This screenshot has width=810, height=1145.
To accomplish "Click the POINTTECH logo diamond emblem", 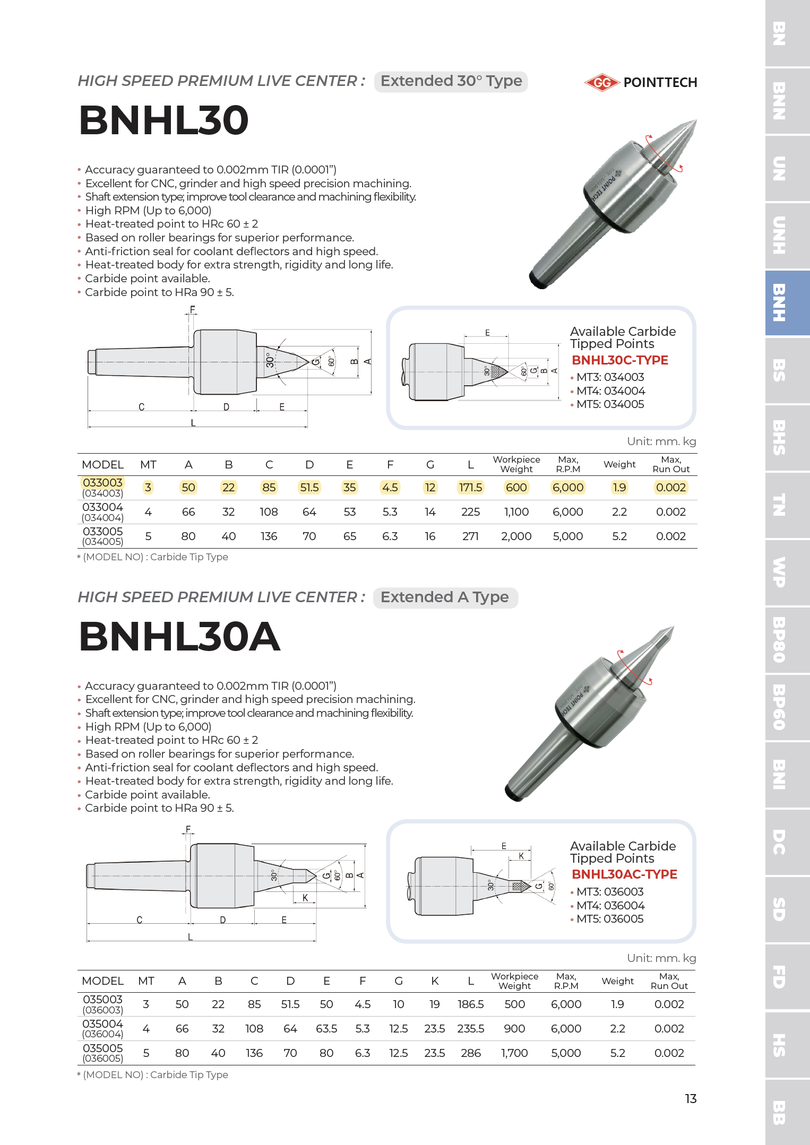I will pos(602,82).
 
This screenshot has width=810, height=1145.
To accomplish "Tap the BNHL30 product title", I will pos(163,120).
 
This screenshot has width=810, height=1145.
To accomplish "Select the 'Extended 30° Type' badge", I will pos(451,81).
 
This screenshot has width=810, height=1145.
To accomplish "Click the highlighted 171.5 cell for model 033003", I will pos(470,488).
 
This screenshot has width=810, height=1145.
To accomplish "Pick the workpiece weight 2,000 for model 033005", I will pos(516,536).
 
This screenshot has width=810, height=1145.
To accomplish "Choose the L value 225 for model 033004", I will pos(470,512).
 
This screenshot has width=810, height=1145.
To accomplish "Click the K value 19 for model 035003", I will pos(434,1004).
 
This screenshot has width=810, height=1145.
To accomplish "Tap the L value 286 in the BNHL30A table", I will pos(470,1053).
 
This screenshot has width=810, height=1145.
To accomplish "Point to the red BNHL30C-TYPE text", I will pos(619,360).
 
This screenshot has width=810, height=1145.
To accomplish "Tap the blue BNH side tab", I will pos(787,303).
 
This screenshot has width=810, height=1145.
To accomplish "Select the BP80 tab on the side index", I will pos(787,640).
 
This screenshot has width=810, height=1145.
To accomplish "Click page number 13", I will pos(691,1099).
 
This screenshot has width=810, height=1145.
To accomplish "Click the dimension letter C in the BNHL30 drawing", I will pos(141,407).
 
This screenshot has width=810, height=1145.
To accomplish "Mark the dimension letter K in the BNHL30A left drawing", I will pos(305,898).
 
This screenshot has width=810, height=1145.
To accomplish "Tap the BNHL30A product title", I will pos(179,636).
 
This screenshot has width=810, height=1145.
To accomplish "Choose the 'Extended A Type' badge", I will pos(445,597).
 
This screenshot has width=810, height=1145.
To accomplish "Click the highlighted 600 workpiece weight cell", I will pos(516,488).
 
